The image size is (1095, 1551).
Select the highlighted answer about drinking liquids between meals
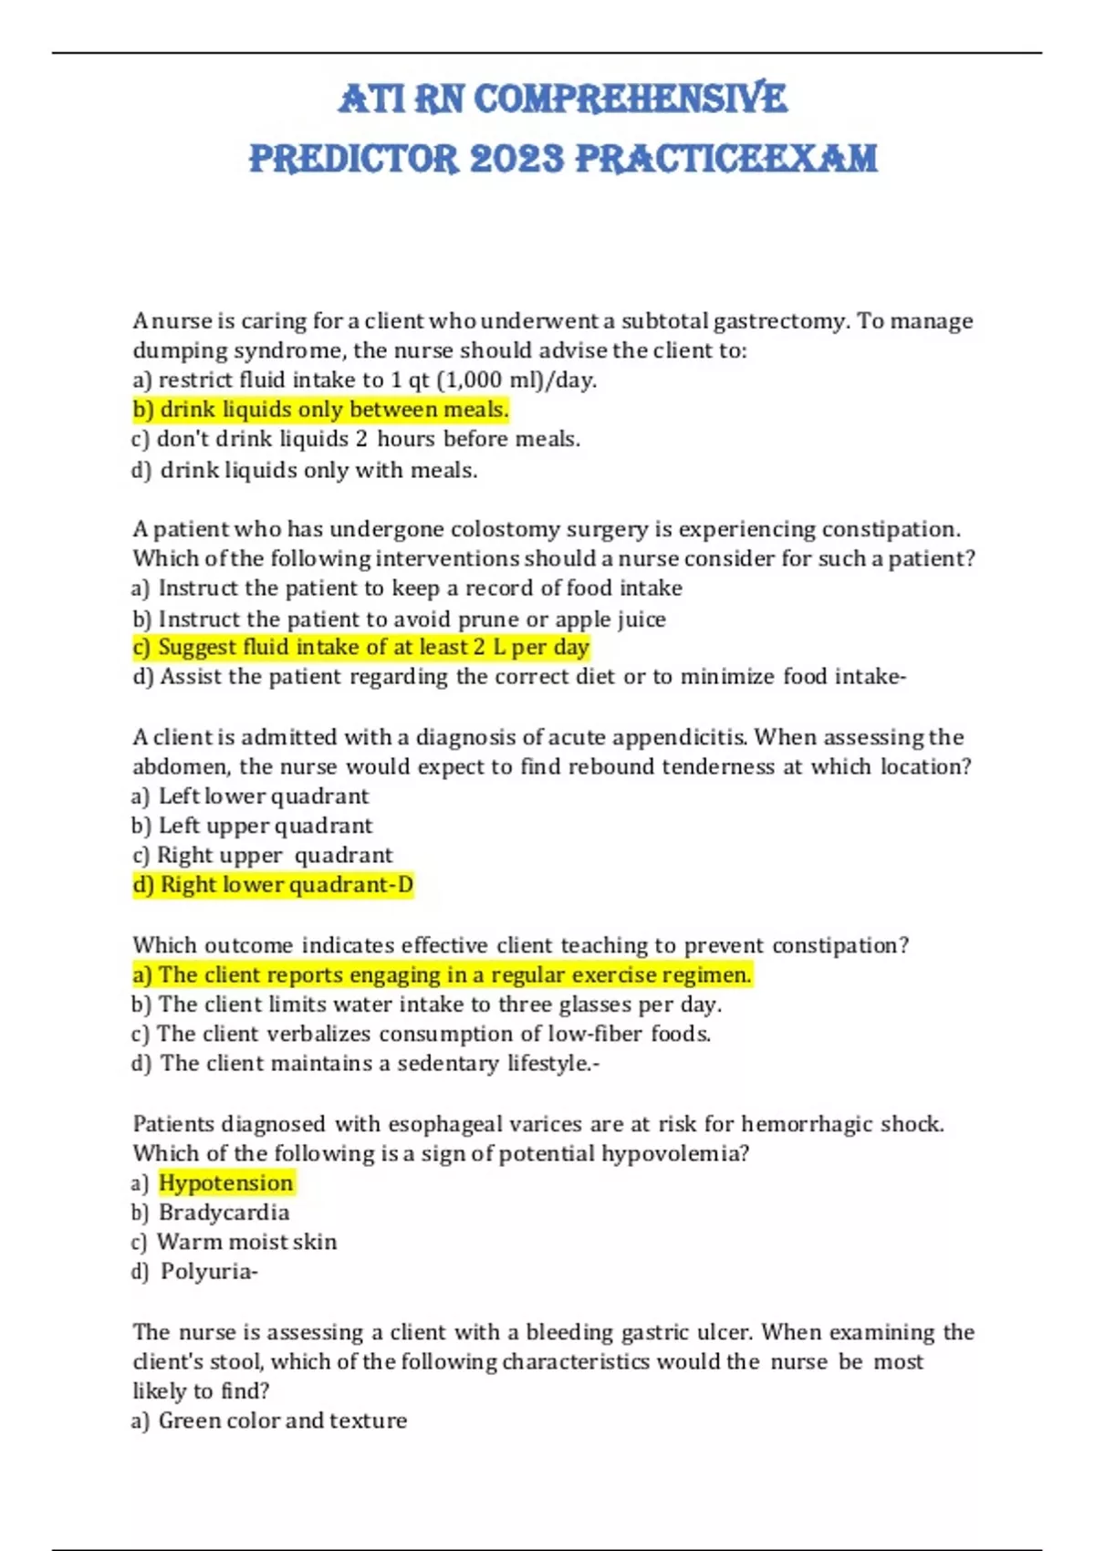pyautogui.click(x=320, y=410)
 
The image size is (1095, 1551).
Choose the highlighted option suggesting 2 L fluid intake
pyautogui.click(x=361, y=648)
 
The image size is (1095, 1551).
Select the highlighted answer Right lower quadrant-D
pyautogui.click(x=274, y=885)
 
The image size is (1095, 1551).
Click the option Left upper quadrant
pyautogui.click(x=265, y=826)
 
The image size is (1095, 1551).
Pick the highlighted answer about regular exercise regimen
pyautogui.click(x=443, y=975)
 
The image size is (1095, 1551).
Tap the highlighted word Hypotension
pyautogui.click(x=226, y=1183)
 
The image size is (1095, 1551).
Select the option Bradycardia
pyautogui.click(x=224, y=1213)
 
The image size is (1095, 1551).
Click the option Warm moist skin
pyautogui.click(x=246, y=1243)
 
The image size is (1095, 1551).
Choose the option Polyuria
pyautogui.click(x=209, y=1272)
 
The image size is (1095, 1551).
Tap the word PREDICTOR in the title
pyautogui.click(x=353, y=159)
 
